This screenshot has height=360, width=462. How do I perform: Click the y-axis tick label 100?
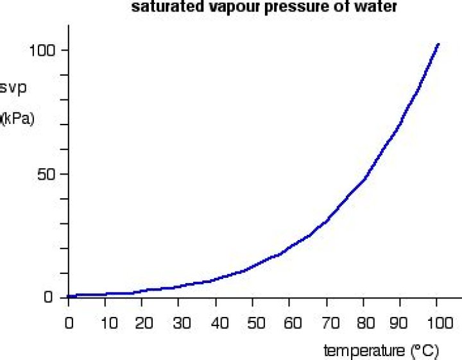pyautogui.click(x=43, y=51)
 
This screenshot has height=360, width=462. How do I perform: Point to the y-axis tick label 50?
pyautogui.click(x=46, y=174)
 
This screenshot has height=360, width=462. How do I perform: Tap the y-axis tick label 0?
pyautogui.click(x=49, y=298)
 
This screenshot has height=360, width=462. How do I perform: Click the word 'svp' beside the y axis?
pyautogui.click(x=13, y=87)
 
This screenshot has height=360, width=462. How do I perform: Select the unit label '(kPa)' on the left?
pyautogui.click(x=17, y=118)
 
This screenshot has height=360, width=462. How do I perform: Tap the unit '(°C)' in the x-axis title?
pyautogui.click(x=424, y=350)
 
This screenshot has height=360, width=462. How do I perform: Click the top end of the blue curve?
pyautogui.click(x=438, y=44)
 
